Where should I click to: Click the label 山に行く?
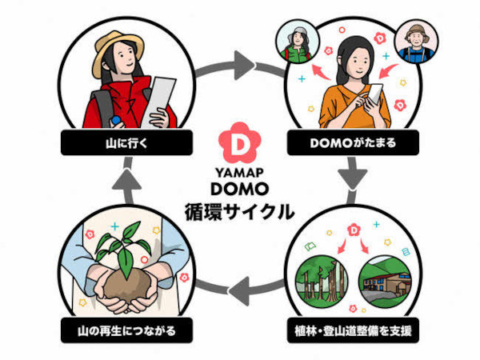tap(126, 143)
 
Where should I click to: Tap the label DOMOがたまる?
tap(353, 143)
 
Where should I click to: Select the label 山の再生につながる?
tap(126, 331)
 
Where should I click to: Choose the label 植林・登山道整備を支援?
tap(353, 331)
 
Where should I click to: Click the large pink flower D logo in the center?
tap(239, 142)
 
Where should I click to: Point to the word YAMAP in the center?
tap(239, 173)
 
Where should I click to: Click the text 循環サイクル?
tap(239, 211)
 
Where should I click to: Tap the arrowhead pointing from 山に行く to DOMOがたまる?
tap(244, 65)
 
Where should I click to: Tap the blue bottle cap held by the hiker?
tap(116, 120)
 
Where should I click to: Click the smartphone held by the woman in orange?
tap(374, 94)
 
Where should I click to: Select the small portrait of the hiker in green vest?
tap(298, 42)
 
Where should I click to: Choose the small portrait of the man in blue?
tap(416, 42)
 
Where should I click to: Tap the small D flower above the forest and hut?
tap(354, 230)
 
